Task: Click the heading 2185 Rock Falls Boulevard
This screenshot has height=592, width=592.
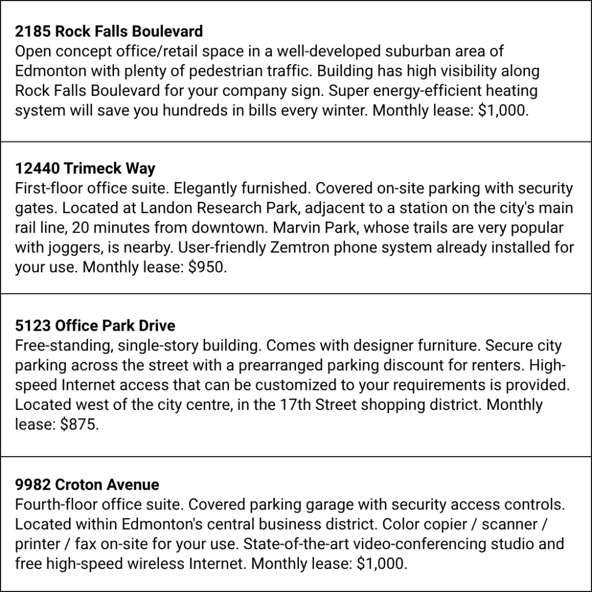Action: [109, 31]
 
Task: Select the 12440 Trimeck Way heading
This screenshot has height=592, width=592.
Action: [85, 168]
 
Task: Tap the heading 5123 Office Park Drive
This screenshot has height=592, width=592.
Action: [95, 325]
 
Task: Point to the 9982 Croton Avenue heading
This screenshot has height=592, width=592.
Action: [87, 484]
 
